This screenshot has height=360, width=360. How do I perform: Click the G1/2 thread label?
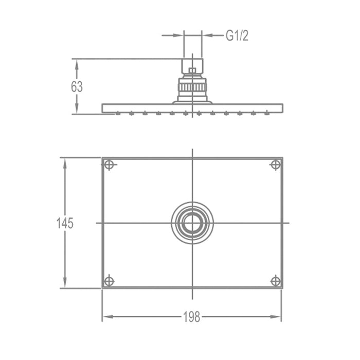coord(237,35)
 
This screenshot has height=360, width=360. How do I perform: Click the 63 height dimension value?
coord(77,86)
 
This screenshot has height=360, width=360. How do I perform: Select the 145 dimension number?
coord(65,224)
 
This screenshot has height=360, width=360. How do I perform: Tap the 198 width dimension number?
coord(192,317)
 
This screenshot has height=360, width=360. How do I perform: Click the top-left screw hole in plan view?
coord(109,165)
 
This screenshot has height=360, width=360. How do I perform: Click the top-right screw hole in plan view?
coord(275,165)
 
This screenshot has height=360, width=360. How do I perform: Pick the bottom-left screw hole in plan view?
coord(109,281)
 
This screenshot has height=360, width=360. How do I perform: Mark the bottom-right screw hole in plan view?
coord(275,281)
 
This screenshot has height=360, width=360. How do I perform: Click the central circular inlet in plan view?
coord(192,223)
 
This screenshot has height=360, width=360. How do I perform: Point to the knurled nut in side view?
coord(192,87)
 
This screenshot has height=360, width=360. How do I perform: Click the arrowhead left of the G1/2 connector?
coord(179,35)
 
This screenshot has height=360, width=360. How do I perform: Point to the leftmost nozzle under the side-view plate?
coord(118,114)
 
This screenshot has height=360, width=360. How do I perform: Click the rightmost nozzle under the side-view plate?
coord(266,114)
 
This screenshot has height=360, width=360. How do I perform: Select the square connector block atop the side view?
coord(192,65)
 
